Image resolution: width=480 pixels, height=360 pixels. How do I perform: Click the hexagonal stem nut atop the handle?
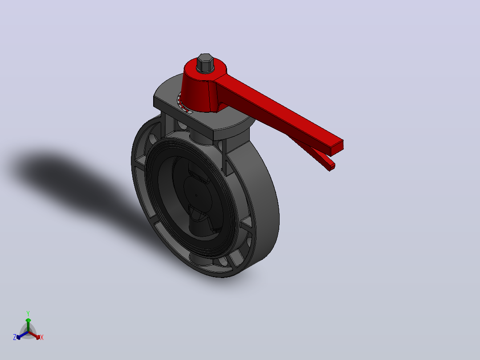(x=205, y=63)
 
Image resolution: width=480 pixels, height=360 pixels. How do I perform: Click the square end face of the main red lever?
(x=337, y=148)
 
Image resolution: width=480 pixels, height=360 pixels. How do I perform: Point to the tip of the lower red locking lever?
(x=332, y=167)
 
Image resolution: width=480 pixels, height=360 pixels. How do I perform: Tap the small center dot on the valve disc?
(x=196, y=195)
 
